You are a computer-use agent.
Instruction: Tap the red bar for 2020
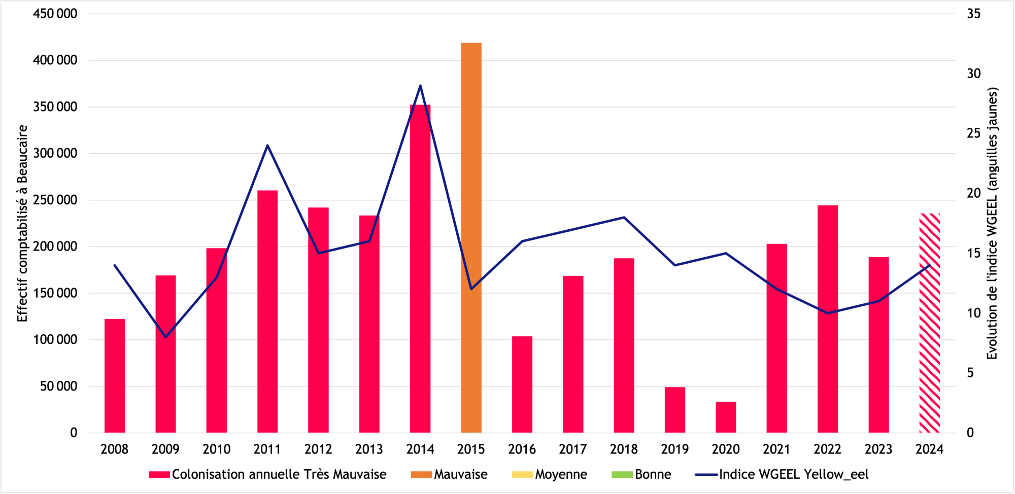click(726, 417)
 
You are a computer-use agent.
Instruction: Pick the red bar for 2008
click(115, 375)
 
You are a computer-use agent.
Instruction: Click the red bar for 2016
click(522, 384)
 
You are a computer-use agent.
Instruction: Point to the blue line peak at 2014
click(420, 86)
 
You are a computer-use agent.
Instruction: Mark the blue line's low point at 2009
click(165, 337)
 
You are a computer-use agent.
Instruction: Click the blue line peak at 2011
click(267, 146)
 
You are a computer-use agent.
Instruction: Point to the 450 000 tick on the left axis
click(55, 14)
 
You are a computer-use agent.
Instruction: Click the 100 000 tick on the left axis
click(55, 340)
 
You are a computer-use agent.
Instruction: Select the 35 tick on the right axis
click(973, 14)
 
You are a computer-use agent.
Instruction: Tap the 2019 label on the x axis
click(674, 449)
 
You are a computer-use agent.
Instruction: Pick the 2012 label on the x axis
click(318, 449)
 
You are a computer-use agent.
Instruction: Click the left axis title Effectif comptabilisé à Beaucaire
click(22, 223)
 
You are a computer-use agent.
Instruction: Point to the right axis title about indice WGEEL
click(992, 223)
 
